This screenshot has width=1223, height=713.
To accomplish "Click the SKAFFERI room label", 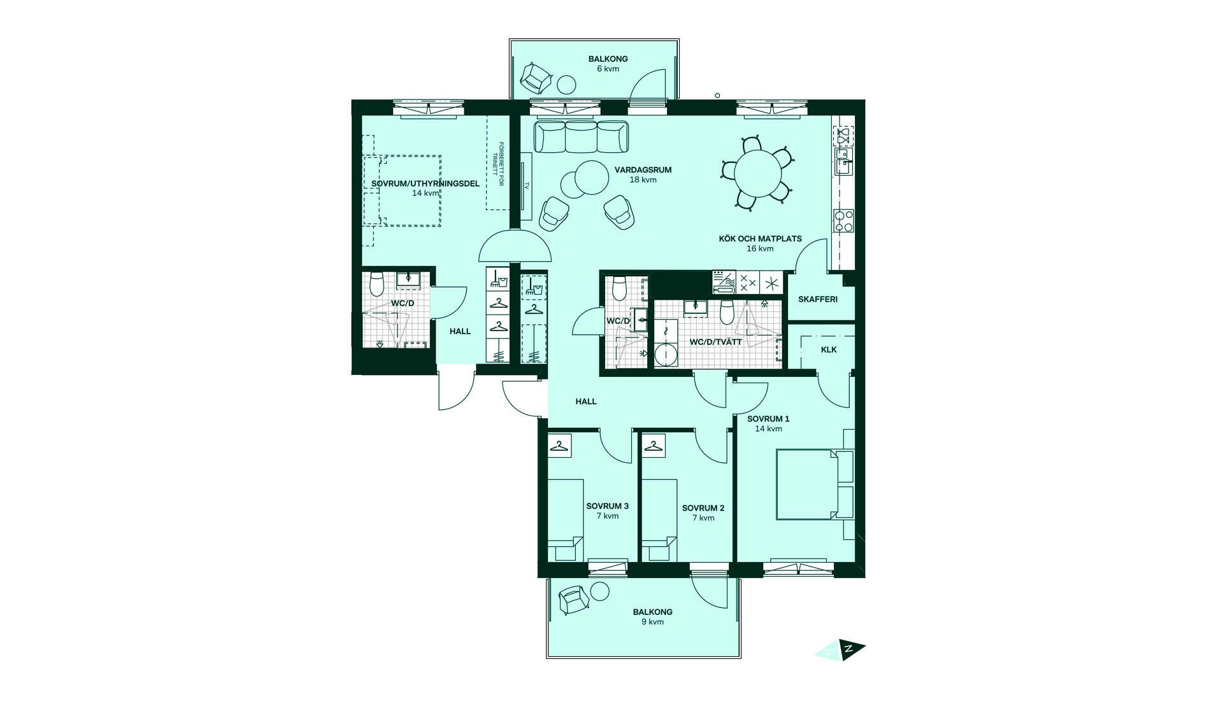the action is [817, 299].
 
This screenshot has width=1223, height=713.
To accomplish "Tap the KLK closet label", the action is [829, 349].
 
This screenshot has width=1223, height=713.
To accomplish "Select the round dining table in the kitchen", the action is [758, 174].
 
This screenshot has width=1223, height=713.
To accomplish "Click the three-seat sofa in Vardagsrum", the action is [581, 137].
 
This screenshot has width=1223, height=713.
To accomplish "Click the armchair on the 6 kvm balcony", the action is [536, 78].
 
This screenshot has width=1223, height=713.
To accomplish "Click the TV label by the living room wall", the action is [527, 186].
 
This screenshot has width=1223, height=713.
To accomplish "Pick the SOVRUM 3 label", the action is [608, 506].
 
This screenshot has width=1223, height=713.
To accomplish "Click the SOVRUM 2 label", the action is [703, 508].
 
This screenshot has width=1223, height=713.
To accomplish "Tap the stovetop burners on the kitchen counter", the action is [844, 220].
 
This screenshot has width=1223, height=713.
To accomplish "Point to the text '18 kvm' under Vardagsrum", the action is [643, 180].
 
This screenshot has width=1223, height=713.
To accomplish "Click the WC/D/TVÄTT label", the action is [716, 342].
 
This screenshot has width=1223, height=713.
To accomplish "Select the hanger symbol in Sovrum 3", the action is [560, 446].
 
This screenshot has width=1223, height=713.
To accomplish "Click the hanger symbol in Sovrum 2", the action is [654, 446].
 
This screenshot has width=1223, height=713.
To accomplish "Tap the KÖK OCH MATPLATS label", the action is [761, 239].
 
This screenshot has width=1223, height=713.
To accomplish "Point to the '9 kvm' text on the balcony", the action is [653, 622].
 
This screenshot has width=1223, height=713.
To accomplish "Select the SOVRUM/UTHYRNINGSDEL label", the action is [426, 183].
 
